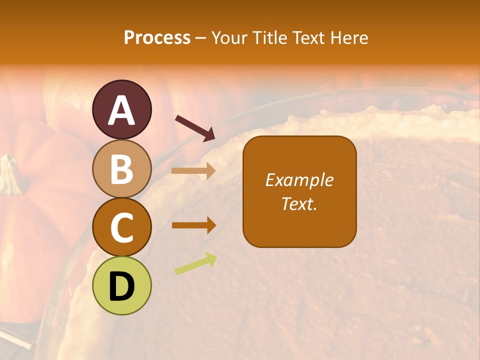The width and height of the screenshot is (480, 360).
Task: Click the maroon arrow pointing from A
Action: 195,128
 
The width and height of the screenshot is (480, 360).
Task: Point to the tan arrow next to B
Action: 193,170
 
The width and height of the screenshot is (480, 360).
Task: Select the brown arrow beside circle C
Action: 193,225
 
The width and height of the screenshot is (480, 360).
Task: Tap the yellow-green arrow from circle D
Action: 195,263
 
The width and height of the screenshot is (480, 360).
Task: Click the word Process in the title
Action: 157,37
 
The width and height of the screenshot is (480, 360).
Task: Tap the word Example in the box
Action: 299,180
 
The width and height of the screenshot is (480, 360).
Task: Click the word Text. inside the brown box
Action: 299,203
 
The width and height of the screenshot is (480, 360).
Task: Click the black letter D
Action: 121,287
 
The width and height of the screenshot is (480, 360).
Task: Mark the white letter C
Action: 121,228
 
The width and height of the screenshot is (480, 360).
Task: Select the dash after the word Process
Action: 201,38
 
